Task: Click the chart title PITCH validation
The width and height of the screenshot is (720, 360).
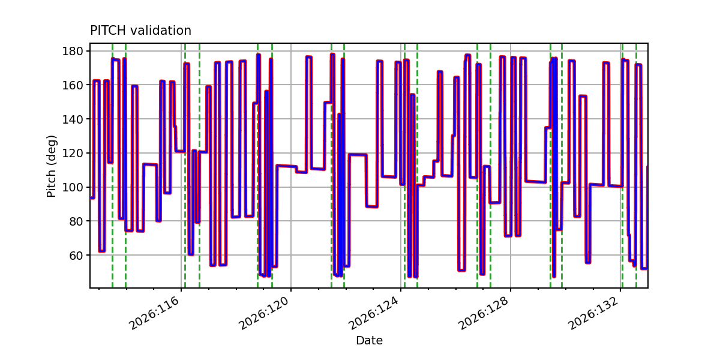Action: (x=140, y=31)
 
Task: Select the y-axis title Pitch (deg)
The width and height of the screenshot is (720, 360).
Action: (x=52, y=166)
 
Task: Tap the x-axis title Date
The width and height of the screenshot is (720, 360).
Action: (x=369, y=340)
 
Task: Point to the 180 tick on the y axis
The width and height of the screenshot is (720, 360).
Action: (x=73, y=51)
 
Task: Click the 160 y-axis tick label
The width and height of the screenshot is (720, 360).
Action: (x=73, y=85)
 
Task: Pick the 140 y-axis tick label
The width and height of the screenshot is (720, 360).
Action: (x=73, y=119)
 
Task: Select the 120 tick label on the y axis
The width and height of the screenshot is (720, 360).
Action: (x=73, y=154)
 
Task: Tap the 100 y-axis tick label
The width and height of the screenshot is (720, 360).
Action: (x=73, y=187)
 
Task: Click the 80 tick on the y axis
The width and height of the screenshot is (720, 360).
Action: (x=76, y=221)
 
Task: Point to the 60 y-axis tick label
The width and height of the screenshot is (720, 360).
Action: (x=76, y=256)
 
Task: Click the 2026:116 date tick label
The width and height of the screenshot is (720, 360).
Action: (x=154, y=313)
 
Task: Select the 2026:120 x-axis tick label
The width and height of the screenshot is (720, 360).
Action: (x=263, y=313)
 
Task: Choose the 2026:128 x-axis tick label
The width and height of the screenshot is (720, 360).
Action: (x=483, y=313)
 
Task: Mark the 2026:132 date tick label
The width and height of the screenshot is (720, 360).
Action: (x=593, y=313)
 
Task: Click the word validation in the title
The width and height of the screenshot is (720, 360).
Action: (x=161, y=31)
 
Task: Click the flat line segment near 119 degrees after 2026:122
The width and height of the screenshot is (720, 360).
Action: (x=358, y=155)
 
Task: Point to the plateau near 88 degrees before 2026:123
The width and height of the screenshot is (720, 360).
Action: (x=372, y=206)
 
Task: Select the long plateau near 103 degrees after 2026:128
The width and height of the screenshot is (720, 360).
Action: (x=535, y=182)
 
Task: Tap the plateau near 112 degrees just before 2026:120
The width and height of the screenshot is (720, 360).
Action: (x=286, y=166)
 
